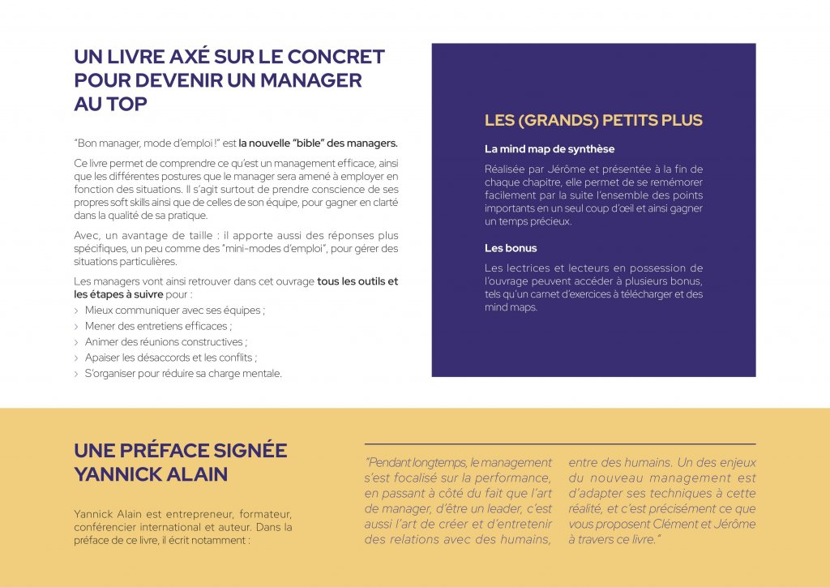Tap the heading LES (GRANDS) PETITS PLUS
click(x=593, y=121)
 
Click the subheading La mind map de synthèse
click(x=550, y=149)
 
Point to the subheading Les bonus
click(x=511, y=248)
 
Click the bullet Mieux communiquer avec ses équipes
click(x=174, y=310)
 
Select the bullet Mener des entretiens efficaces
click(x=158, y=326)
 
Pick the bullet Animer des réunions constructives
click(x=165, y=342)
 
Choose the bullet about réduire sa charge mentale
click(x=183, y=374)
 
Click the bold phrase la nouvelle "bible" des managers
click(x=318, y=144)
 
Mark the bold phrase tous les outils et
click(x=357, y=281)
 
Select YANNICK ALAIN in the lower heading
click(x=151, y=474)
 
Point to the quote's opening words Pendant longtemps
click(x=419, y=463)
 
